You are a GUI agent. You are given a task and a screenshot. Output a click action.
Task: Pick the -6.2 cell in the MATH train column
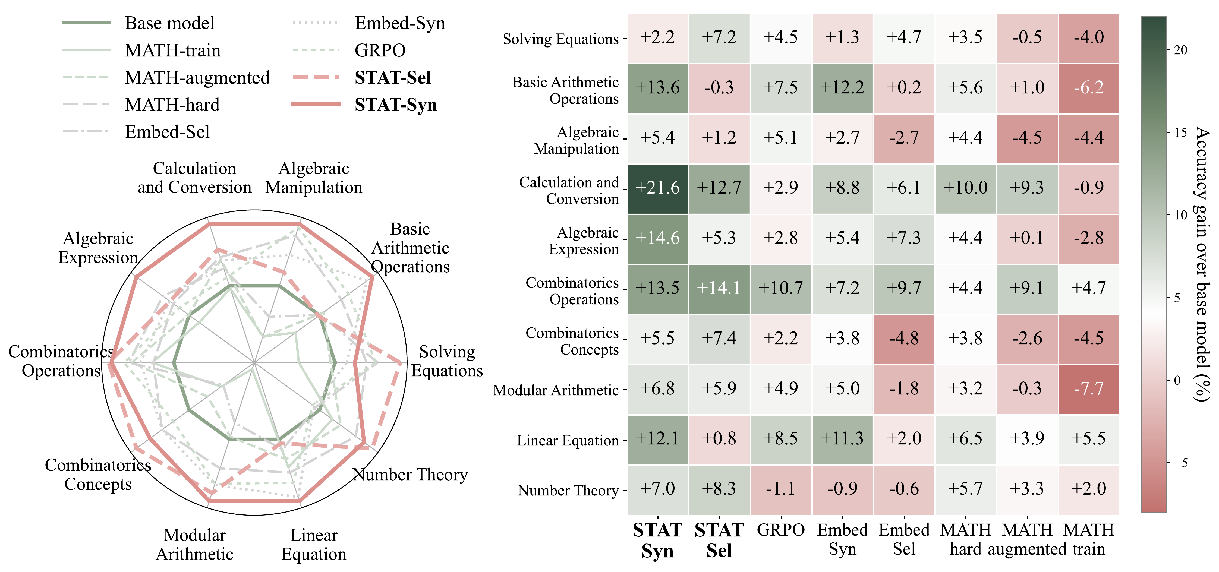[1088, 87]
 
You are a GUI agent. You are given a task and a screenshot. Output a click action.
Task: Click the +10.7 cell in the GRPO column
[780, 288]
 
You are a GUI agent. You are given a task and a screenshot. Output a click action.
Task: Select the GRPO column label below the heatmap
[780, 530]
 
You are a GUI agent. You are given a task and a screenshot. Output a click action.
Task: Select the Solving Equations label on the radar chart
[447, 361]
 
